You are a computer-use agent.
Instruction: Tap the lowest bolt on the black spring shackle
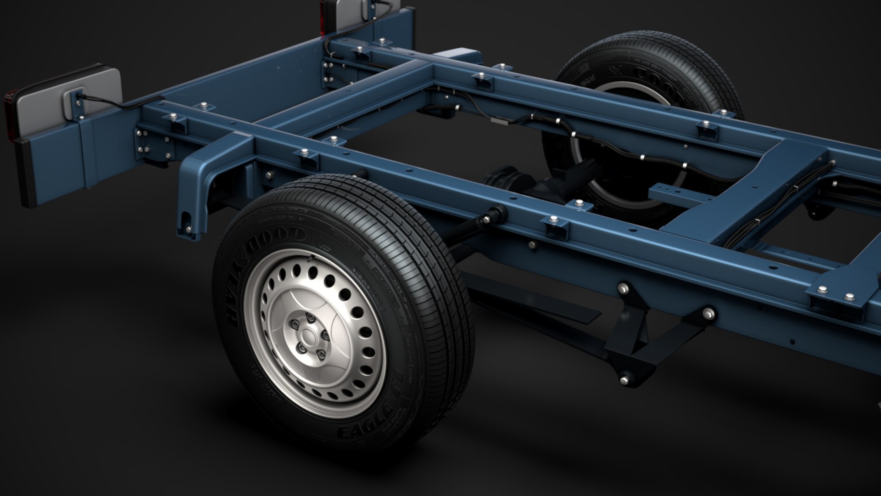625,379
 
